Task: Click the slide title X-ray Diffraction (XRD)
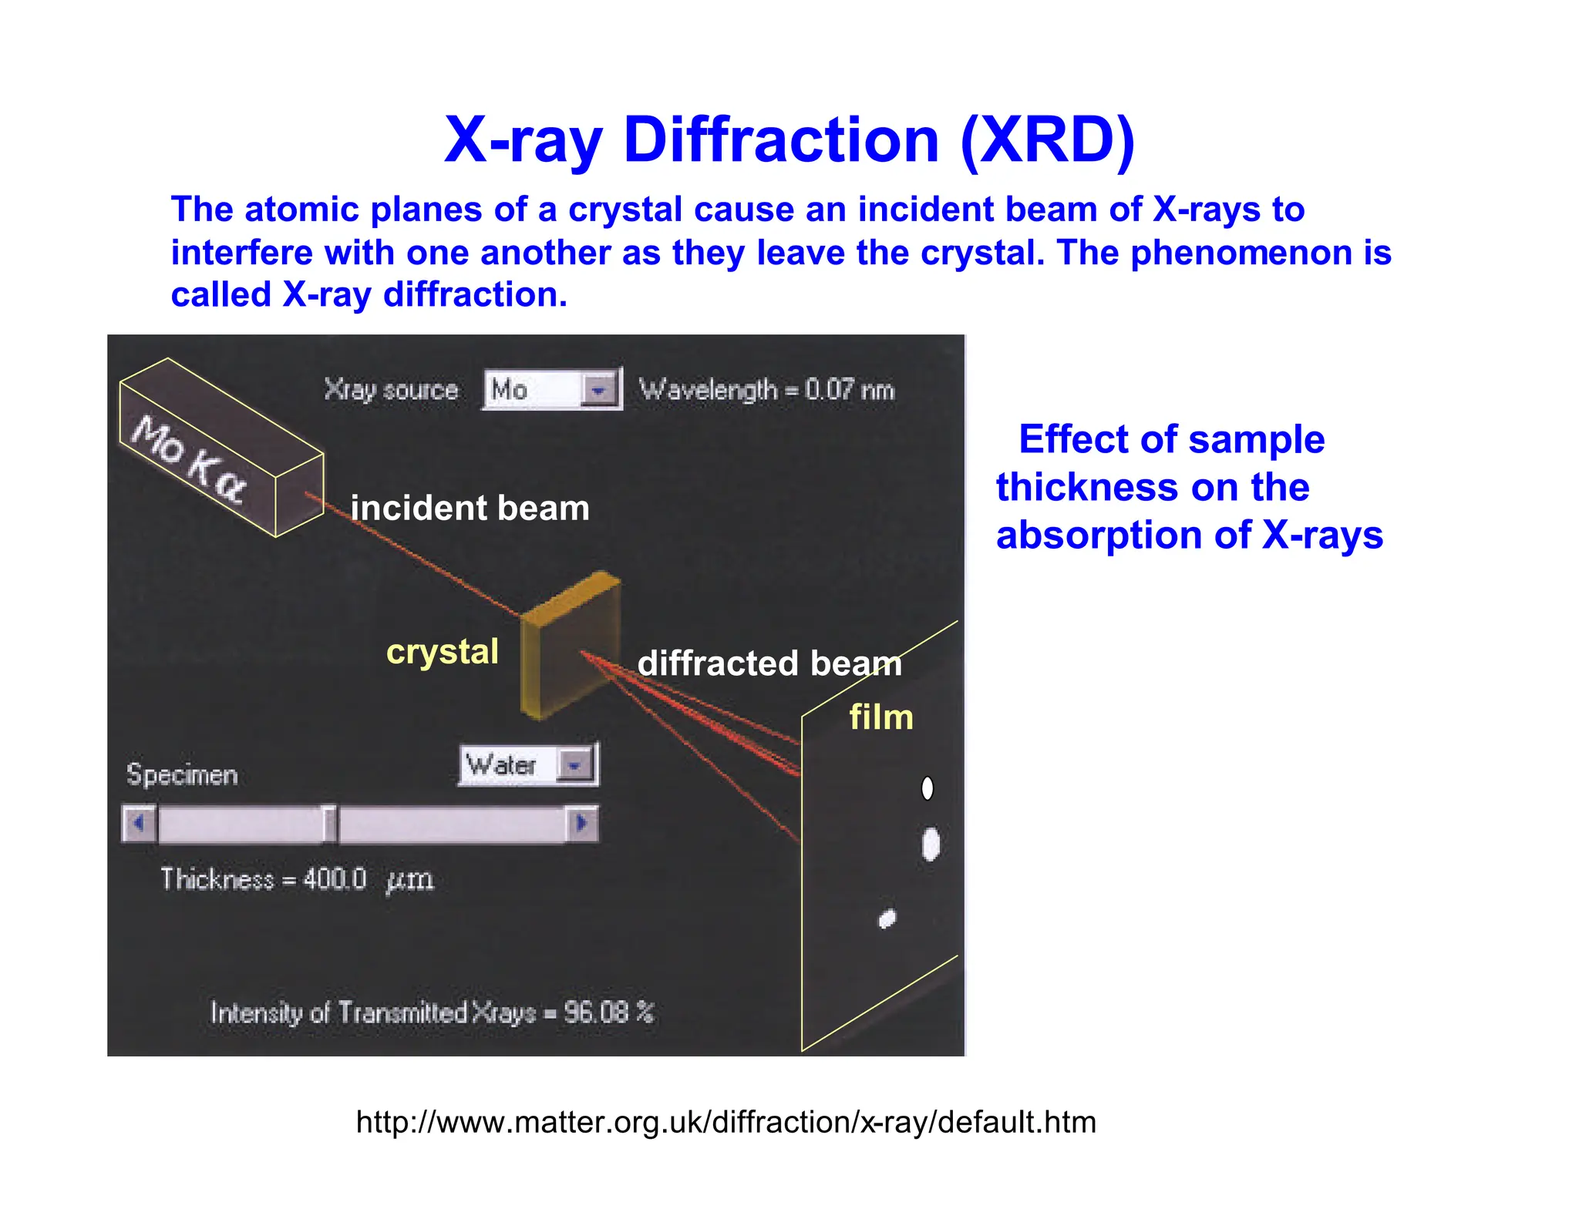click(x=789, y=140)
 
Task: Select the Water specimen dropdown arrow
click(x=574, y=765)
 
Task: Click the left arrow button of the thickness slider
click(x=139, y=824)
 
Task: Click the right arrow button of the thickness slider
click(x=582, y=824)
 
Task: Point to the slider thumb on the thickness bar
click(x=329, y=824)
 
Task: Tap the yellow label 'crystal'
click(x=442, y=652)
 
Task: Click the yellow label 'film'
click(x=880, y=717)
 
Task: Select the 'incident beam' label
click(x=470, y=509)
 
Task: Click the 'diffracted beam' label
click(x=769, y=663)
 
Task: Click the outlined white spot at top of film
click(x=928, y=787)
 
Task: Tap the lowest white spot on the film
click(x=887, y=918)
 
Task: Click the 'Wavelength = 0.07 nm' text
click(x=766, y=390)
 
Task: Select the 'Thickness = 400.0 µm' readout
click(x=297, y=879)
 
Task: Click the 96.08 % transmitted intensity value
click(x=608, y=1012)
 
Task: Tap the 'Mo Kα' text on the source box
click(x=189, y=460)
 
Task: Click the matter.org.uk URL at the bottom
click(x=726, y=1122)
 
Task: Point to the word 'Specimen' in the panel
click(x=182, y=774)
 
